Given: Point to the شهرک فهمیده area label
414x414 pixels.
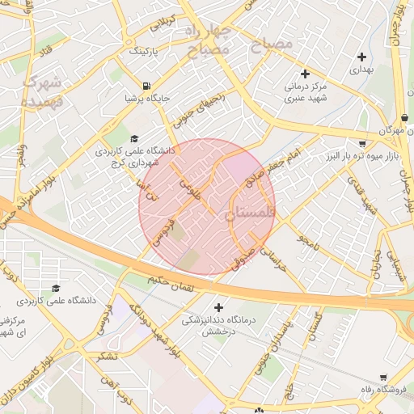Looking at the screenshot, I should point(40,90).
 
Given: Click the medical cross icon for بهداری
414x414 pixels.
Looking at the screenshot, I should point(361,57).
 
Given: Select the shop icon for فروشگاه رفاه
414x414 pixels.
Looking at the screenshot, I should point(383,377).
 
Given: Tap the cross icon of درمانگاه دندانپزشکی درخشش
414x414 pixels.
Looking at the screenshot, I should point(218,307).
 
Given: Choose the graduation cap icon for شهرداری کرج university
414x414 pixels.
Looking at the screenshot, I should point(134,138).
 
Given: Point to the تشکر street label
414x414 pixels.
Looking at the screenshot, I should point(105,355).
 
